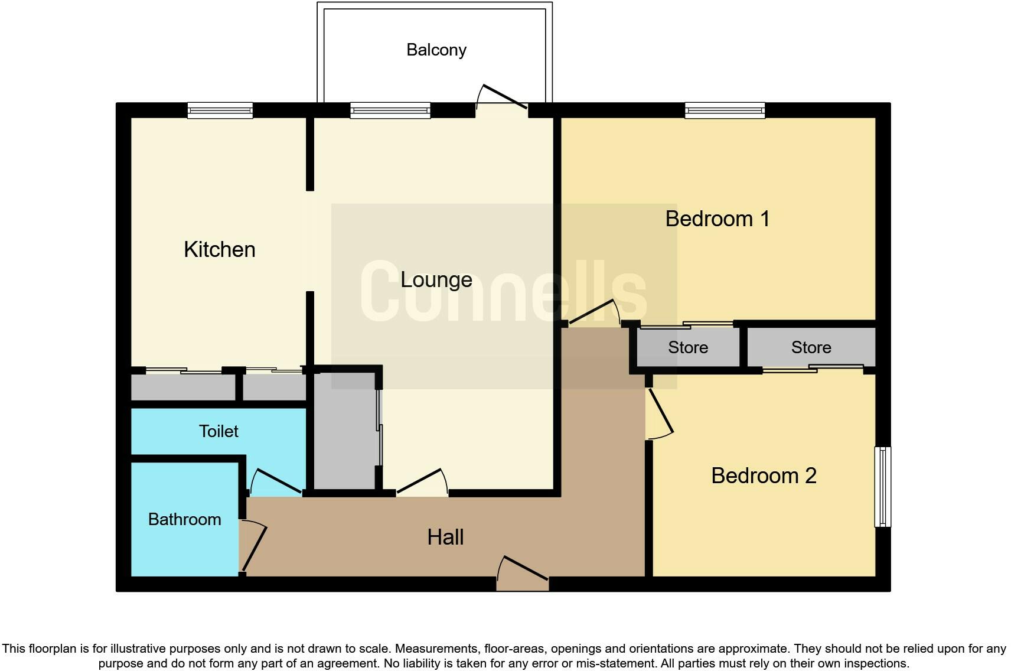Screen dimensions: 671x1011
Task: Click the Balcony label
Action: (436, 50)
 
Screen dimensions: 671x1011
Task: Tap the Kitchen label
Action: (219, 249)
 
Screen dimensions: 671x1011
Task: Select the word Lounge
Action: (436, 279)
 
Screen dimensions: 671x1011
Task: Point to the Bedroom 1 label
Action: (718, 219)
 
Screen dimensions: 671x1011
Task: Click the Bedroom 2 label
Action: (764, 475)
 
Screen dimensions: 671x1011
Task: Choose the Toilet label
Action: (218, 431)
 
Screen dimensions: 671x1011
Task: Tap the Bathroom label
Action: (184, 519)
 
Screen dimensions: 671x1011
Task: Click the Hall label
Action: (445, 537)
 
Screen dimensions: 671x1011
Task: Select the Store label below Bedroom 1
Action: (688, 347)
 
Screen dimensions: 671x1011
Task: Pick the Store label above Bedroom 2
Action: (811, 347)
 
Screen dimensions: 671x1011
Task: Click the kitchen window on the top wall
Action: (220, 110)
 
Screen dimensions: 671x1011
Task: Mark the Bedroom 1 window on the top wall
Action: (725, 110)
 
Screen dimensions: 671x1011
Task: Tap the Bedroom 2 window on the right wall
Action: (882, 486)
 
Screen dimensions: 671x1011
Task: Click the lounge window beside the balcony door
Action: (390, 110)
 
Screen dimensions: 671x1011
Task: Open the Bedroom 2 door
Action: (661, 413)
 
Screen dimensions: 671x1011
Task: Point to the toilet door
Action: (276, 482)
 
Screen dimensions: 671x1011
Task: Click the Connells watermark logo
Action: (503, 292)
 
